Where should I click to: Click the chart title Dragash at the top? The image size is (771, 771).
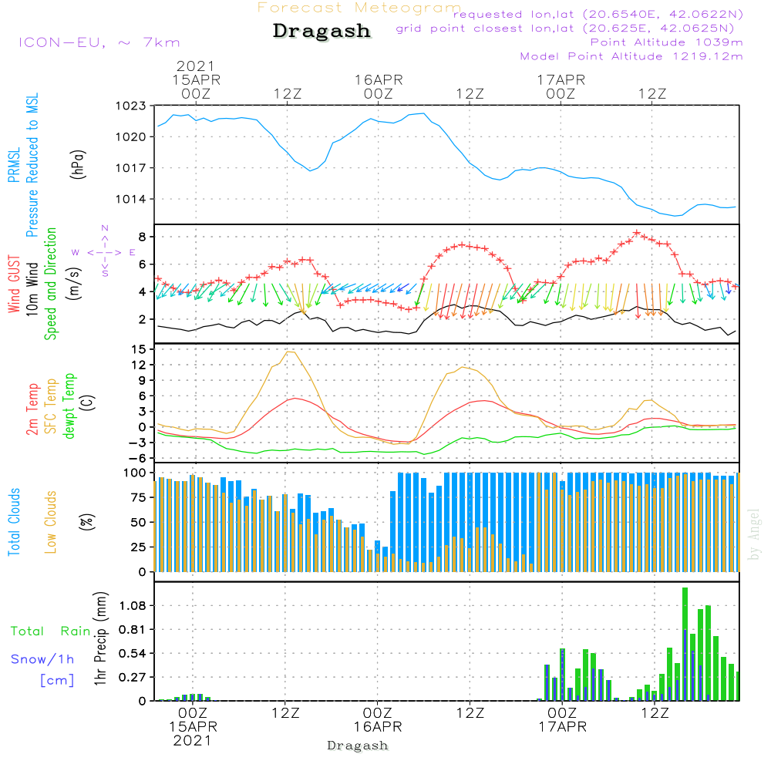322,32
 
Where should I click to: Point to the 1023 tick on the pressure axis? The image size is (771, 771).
130,106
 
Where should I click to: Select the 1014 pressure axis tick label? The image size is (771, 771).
130,199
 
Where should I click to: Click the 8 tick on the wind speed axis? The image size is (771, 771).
143,236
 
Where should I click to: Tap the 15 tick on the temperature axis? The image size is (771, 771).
139,349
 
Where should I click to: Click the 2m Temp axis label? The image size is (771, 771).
32,408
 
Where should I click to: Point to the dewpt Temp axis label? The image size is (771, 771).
70,406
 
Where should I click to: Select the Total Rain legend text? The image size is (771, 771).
51,631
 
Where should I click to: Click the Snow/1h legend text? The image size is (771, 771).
43,659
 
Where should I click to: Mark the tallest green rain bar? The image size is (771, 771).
685,644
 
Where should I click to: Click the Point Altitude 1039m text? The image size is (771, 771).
667,42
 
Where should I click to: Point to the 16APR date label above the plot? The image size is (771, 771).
379,79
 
